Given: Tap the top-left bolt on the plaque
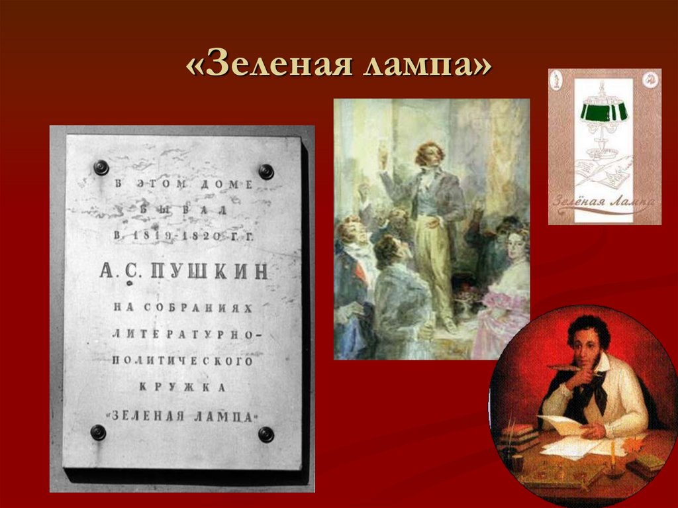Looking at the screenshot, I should [x=101, y=168].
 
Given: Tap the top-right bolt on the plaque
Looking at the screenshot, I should [x=266, y=172].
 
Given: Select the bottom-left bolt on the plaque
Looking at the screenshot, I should [x=98, y=432].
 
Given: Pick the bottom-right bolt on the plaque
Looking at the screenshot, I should [x=266, y=434].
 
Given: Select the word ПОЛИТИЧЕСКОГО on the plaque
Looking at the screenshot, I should [x=182, y=361].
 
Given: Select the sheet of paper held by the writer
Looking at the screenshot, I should [x=560, y=425].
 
